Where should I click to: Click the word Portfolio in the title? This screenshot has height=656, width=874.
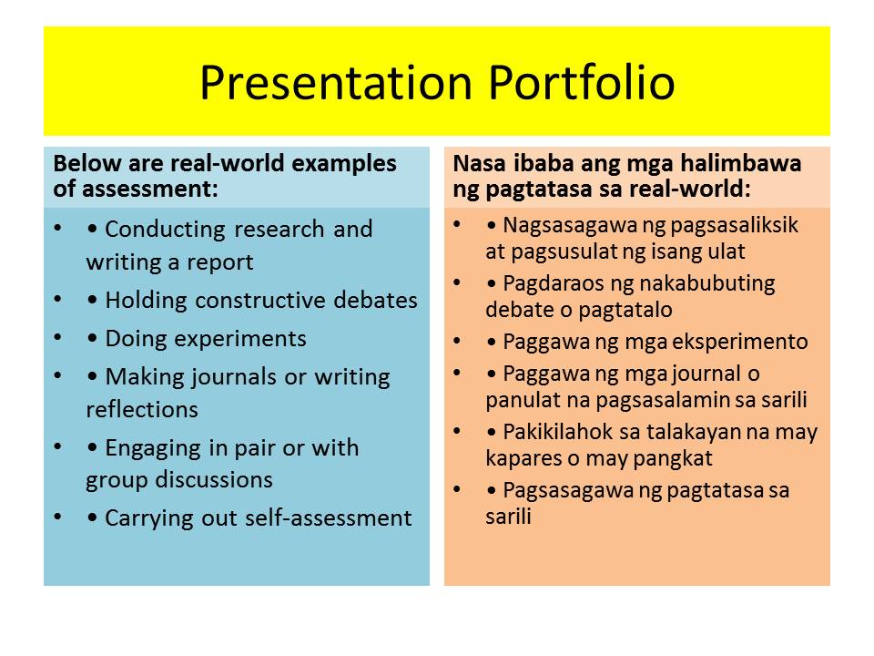(582, 83)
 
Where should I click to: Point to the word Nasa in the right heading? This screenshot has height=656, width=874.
(476, 164)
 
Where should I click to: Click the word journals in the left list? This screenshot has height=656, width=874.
(233, 376)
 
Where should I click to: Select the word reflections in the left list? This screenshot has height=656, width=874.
(142, 410)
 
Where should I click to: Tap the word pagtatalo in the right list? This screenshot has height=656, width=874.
(628, 310)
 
